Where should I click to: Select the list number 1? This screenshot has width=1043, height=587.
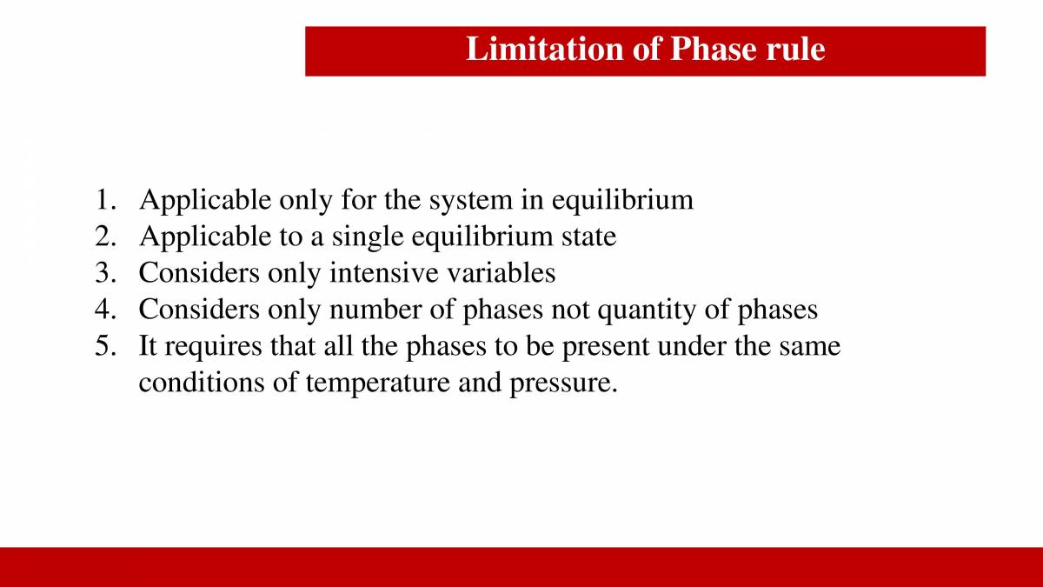[x=104, y=200]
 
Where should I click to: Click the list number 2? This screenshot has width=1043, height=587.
[x=104, y=237]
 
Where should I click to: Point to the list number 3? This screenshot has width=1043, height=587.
[x=104, y=273]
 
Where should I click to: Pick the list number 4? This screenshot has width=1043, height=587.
[x=104, y=310]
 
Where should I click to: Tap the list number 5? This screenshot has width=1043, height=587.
[x=104, y=346]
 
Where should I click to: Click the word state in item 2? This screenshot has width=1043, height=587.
[x=587, y=237]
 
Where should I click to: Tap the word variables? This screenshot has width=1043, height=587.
[x=501, y=273]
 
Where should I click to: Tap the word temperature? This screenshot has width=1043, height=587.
[x=377, y=383]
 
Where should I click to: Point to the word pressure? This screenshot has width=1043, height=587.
[x=563, y=383]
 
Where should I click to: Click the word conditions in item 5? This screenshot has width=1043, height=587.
[x=201, y=383]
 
